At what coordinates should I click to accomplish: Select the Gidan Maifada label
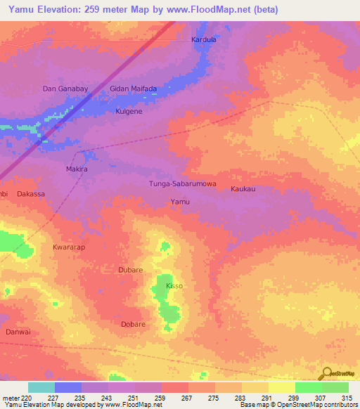tap(133, 89)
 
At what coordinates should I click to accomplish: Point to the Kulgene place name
tap(129, 112)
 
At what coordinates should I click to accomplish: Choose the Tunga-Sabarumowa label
tap(182, 184)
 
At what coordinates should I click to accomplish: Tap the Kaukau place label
tap(243, 189)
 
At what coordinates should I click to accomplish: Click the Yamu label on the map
tap(180, 202)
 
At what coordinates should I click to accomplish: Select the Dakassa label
tap(31, 193)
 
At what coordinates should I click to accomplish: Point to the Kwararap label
tap(69, 248)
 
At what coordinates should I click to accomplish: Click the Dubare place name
tap(131, 269)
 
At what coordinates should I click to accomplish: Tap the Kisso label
tap(174, 287)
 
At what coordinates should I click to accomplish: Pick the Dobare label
tap(133, 324)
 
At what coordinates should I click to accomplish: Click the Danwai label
tap(18, 331)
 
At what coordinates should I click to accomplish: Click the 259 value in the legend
tap(161, 398)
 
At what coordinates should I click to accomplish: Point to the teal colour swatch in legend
tap(41, 387)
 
